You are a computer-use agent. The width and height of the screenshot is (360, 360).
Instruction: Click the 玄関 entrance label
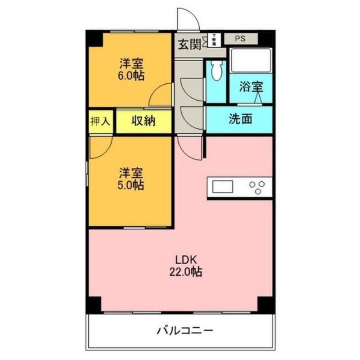[189, 44]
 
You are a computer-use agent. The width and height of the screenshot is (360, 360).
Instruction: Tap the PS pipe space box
[240, 39]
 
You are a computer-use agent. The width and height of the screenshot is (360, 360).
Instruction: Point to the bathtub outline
[251, 60]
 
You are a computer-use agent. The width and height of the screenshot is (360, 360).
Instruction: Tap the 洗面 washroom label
[240, 119]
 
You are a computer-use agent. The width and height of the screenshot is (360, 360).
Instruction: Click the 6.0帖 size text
[132, 75]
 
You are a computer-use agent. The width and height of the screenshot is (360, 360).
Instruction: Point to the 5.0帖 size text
[131, 184]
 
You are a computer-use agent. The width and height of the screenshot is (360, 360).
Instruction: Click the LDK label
[184, 260]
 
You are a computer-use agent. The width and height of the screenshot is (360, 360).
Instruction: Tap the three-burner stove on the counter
[258, 187]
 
